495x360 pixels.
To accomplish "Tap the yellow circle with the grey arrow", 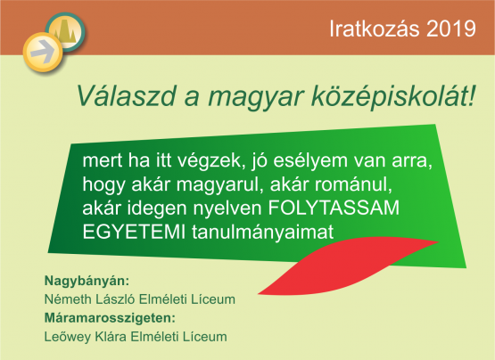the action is click(42, 52).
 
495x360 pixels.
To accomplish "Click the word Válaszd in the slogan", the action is click(126, 95).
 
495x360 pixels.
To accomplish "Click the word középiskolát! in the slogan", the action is click(393, 97).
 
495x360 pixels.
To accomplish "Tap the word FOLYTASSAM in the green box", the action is click(334, 208).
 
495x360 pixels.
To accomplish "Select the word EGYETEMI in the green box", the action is click(134, 232).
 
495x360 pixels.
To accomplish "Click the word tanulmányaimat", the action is click(262, 233).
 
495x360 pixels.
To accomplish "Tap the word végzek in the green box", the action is click(211, 162).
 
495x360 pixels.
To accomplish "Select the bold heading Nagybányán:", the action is click(87, 281).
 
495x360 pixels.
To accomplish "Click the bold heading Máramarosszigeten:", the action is click(110, 318).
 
